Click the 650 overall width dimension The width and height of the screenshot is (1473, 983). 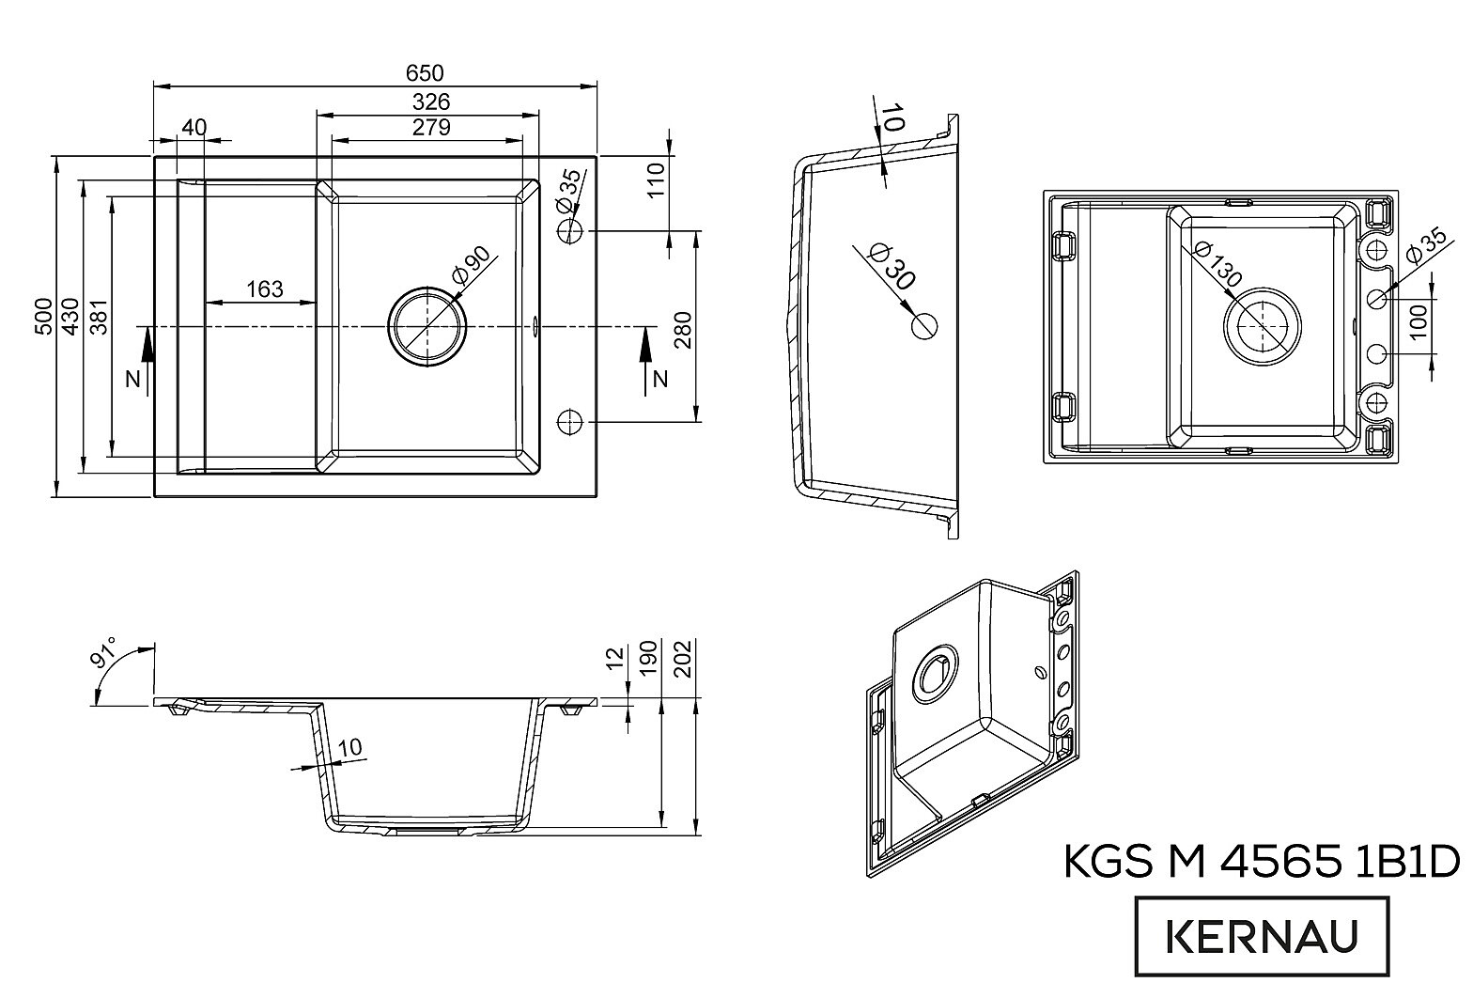coord(425,72)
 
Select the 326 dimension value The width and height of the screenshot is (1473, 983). coord(430,101)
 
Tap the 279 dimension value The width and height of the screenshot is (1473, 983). coord(430,126)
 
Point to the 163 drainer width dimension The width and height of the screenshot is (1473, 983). coord(264,289)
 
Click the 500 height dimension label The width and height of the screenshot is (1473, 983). coord(43,317)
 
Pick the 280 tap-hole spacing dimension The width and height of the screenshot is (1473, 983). coord(683,330)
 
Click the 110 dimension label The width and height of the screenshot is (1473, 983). coord(656,181)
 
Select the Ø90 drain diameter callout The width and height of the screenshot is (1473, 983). coord(472,266)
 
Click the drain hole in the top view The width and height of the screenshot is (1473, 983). coord(427,326)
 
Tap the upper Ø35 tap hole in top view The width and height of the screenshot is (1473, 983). coord(570,231)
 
